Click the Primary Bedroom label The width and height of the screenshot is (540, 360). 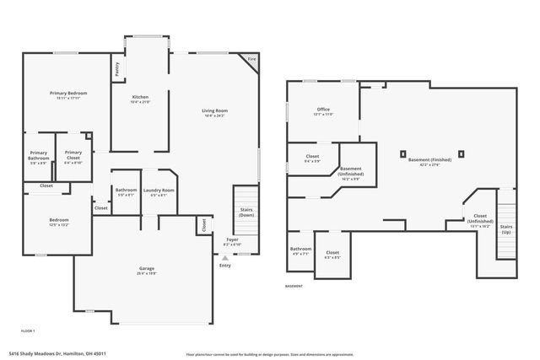click(67, 93)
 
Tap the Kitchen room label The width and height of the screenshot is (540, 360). click(140, 98)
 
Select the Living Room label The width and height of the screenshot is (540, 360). click(214, 110)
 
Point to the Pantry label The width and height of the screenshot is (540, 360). click(117, 67)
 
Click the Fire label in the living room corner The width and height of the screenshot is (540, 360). click(251, 59)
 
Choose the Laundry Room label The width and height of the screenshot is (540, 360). click(159, 191)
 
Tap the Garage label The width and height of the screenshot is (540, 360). click(147, 269)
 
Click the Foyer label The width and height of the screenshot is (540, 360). click(232, 240)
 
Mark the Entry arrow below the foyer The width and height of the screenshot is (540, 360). click(225, 256)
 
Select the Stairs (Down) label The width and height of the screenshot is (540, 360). click(245, 212)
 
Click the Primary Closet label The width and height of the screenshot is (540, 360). click(73, 154)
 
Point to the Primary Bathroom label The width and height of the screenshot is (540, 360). click(40, 155)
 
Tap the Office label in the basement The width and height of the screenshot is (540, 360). click(323, 109)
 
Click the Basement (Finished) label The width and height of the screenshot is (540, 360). click(429, 159)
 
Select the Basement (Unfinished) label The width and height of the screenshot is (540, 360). click(350, 172)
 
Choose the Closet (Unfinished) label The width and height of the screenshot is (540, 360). click(480, 219)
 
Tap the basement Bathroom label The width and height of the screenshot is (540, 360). click(300, 249)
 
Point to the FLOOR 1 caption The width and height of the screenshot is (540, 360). click(28, 331)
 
